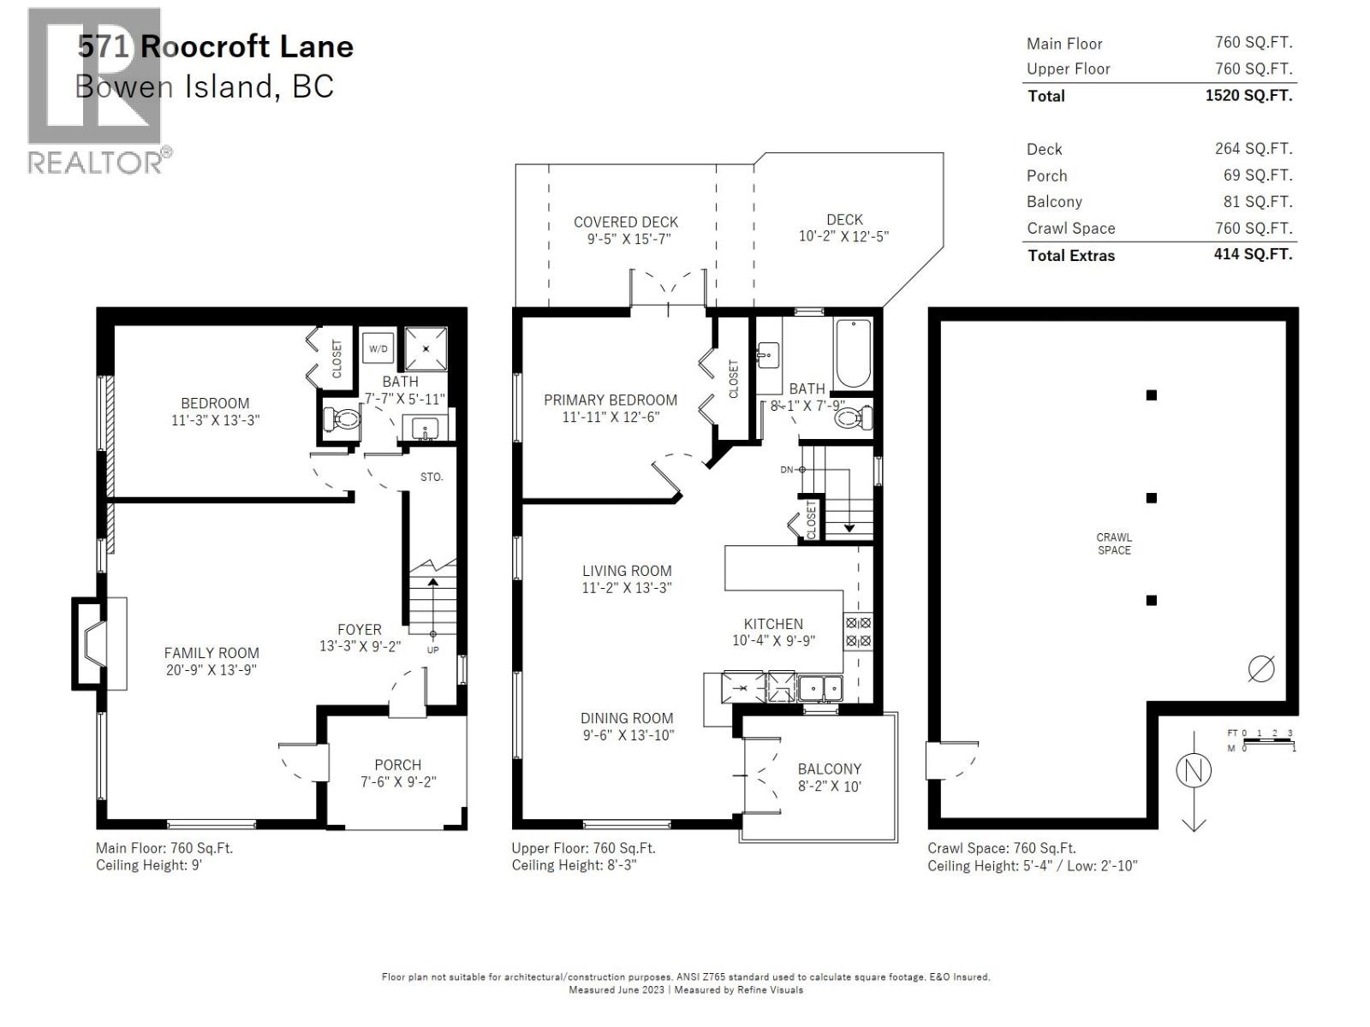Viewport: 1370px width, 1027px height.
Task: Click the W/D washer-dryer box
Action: [x=378, y=348]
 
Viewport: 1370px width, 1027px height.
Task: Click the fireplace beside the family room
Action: [x=93, y=644]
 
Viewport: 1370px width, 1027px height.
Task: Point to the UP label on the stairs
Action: [x=432, y=650]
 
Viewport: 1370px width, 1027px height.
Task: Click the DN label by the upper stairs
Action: [x=787, y=470]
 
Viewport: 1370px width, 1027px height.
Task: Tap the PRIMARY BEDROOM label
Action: [x=610, y=400]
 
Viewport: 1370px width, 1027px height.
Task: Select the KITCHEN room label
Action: [x=773, y=624]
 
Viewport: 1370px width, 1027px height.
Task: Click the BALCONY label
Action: [x=829, y=769]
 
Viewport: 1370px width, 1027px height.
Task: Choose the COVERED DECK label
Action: [x=626, y=222]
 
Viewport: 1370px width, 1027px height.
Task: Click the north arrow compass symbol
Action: [x=1194, y=771]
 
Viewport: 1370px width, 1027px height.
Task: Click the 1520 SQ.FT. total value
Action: [x=1248, y=95]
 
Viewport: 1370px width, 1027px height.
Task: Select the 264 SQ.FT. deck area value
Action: [x=1253, y=148]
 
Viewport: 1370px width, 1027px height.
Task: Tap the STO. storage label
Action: [x=432, y=477]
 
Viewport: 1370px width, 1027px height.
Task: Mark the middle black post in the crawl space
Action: [x=1152, y=498]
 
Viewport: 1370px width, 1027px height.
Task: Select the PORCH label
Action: [x=397, y=764]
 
